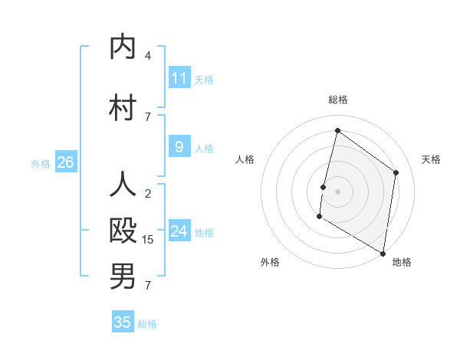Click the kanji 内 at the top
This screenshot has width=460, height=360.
click(x=122, y=47)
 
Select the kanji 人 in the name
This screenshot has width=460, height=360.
click(x=122, y=185)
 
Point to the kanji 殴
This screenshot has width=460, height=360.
click(x=122, y=230)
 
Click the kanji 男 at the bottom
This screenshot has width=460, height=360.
click(x=122, y=276)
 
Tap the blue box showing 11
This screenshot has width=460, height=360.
click(x=179, y=77)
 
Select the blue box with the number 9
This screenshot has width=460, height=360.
click(x=179, y=147)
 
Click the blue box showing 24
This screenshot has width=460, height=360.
click(x=179, y=231)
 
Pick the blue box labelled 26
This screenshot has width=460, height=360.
click(x=65, y=162)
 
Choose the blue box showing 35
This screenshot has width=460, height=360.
click(x=123, y=322)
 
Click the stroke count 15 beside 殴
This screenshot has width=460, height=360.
click(x=148, y=240)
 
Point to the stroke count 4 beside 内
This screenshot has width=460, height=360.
click(x=148, y=56)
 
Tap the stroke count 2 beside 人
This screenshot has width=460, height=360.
click(x=148, y=194)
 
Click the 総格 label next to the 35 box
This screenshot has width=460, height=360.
click(x=148, y=324)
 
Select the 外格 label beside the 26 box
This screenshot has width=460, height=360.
click(x=41, y=163)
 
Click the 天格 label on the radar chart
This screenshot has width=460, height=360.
click(x=432, y=159)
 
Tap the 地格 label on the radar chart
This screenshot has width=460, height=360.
click(x=402, y=262)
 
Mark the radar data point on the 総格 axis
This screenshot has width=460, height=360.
click(x=337, y=131)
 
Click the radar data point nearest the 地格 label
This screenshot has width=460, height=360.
click(x=383, y=253)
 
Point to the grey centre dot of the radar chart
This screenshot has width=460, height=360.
click(x=337, y=191)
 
